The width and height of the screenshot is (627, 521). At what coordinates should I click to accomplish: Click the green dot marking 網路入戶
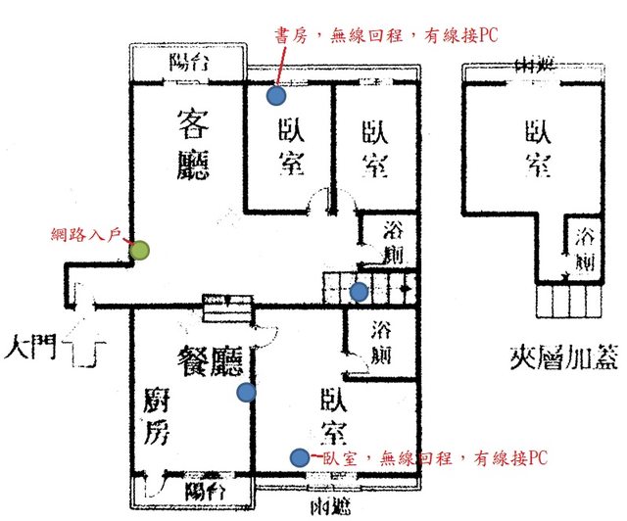click(x=141, y=251)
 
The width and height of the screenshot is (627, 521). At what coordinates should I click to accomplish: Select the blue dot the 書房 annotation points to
click(x=276, y=96)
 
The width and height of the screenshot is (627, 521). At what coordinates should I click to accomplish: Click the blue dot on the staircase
click(x=360, y=291)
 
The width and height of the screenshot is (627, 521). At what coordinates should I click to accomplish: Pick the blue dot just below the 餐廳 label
click(x=246, y=393)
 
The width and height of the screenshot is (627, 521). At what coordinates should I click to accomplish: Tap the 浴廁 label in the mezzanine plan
click(x=585, y=249)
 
